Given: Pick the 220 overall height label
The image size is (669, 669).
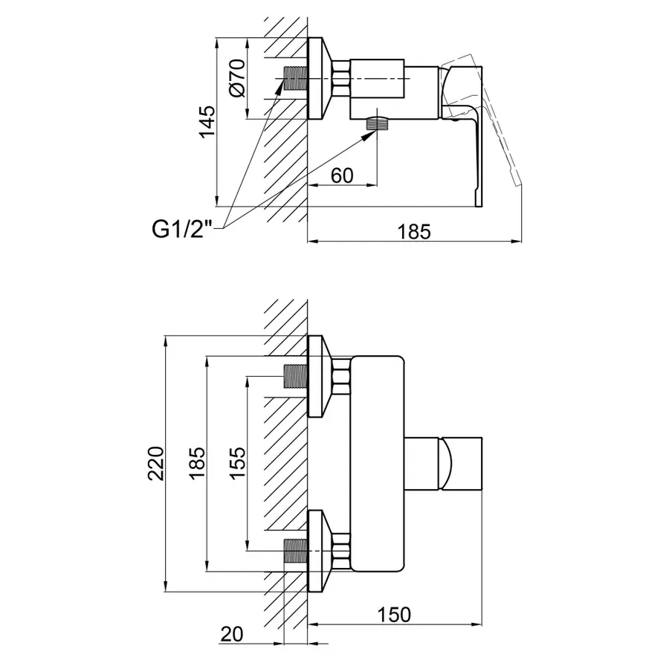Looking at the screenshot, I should (x=155, y=463).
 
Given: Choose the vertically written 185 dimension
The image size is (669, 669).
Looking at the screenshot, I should (x=196, y=463).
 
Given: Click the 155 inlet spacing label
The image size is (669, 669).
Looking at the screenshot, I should (x=237, y=463).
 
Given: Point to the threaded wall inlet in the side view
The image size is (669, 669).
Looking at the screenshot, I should (x=295, y=78).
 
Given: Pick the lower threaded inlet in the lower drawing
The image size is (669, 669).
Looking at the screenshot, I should (x=295, y=551).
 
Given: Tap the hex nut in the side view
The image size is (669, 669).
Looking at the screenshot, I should (x=341, y=78).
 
